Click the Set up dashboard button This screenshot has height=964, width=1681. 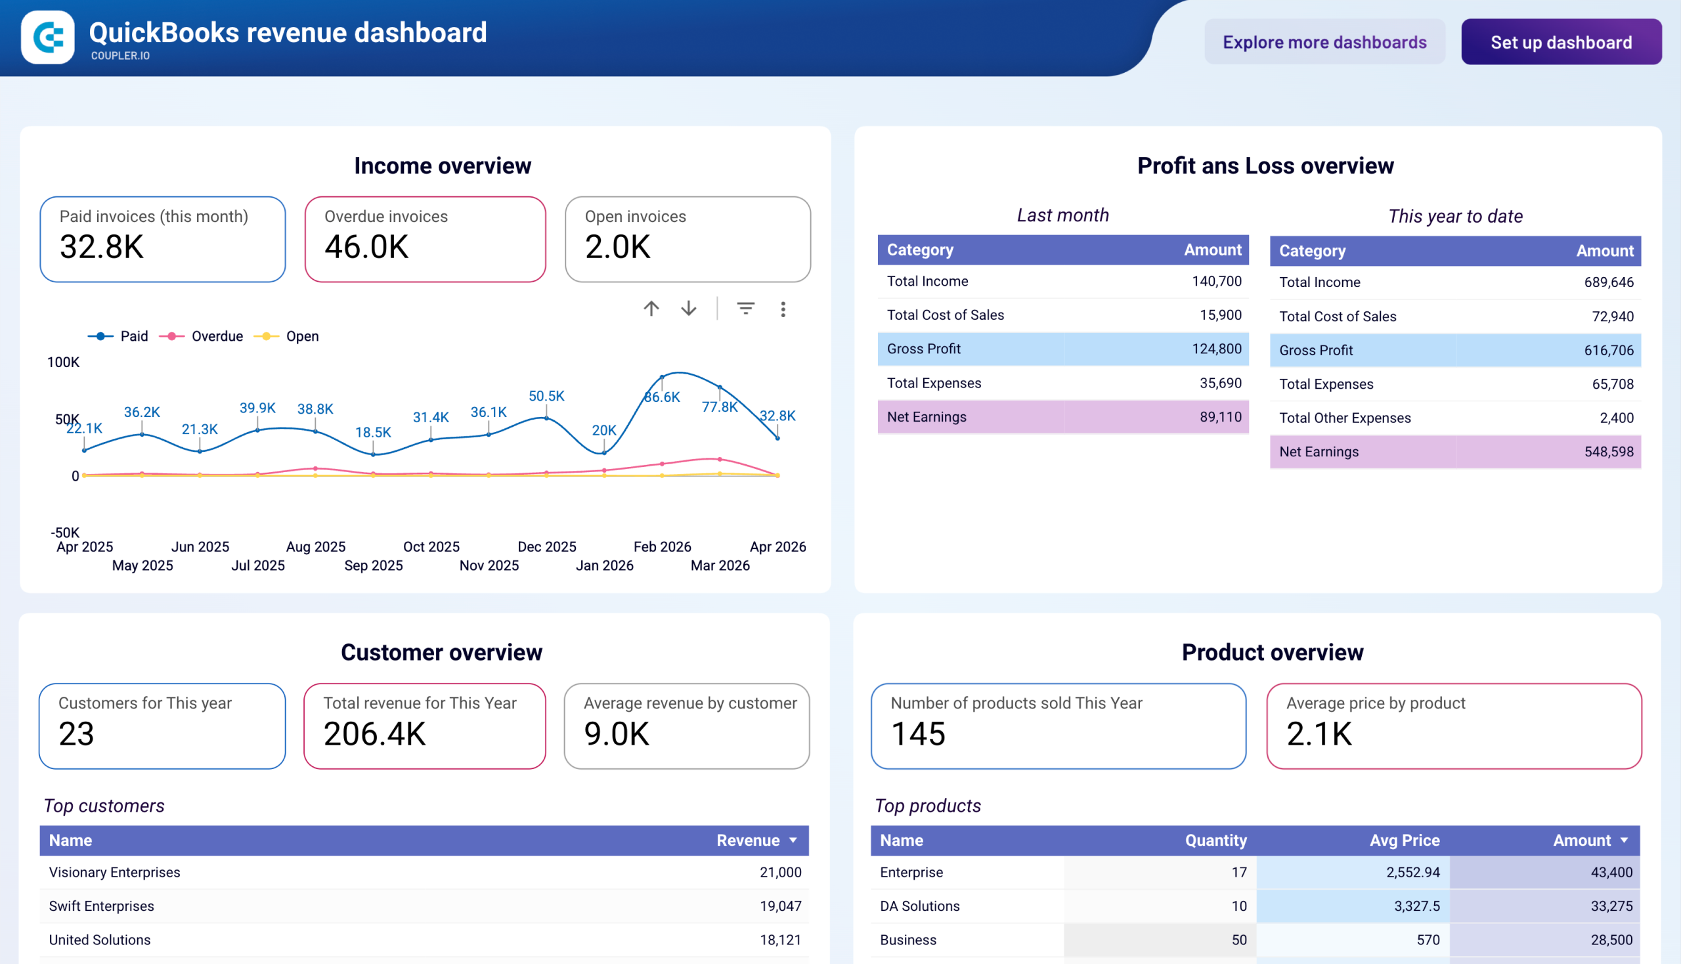[x=1560, y=43]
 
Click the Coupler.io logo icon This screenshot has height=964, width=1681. [x=48, y=37]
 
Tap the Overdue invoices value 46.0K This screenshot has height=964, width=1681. [x=366, y=247]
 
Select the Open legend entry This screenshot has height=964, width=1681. [x=301, y=336]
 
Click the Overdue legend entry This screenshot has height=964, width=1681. [x=217, y=336]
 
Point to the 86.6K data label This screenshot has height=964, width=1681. [x=661, y=397]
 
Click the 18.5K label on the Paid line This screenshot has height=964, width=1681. [x=373, y=432]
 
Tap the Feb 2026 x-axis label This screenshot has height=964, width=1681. [x=661, y=547]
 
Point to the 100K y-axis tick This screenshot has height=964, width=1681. [x=63, y=362]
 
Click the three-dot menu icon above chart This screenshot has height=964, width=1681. [x=783, y=309]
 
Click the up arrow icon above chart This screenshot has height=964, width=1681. [x=651, y=309]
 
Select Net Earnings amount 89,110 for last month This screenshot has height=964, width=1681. [x=1220, y=417]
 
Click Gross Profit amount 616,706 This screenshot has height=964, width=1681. [x=1607, y=350]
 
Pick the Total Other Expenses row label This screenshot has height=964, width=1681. [x=1344, y=418]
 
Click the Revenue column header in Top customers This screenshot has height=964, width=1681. [x=747, y=840]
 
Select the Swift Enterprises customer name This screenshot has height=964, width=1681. [x=101, y=906]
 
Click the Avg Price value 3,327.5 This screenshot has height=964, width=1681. [x=1416, y=906]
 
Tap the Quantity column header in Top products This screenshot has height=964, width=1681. [x=1215, y=840]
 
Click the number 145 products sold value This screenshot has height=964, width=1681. [x=917, y=734]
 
